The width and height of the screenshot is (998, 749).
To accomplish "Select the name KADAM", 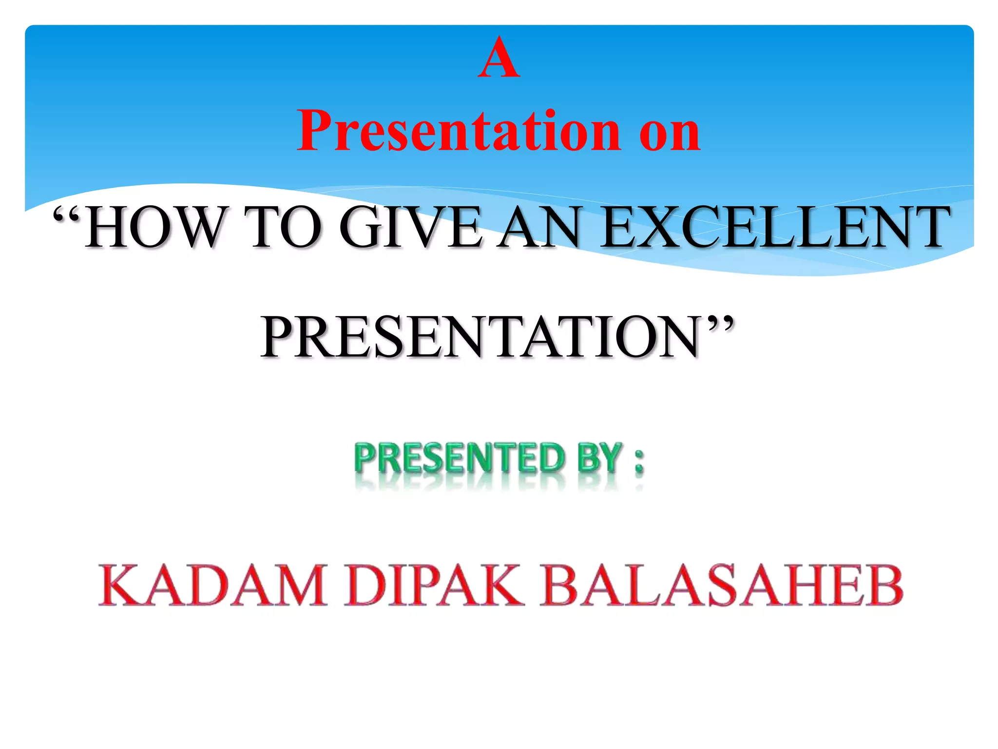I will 212,585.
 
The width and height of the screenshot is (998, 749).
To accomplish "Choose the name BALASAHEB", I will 721,585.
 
